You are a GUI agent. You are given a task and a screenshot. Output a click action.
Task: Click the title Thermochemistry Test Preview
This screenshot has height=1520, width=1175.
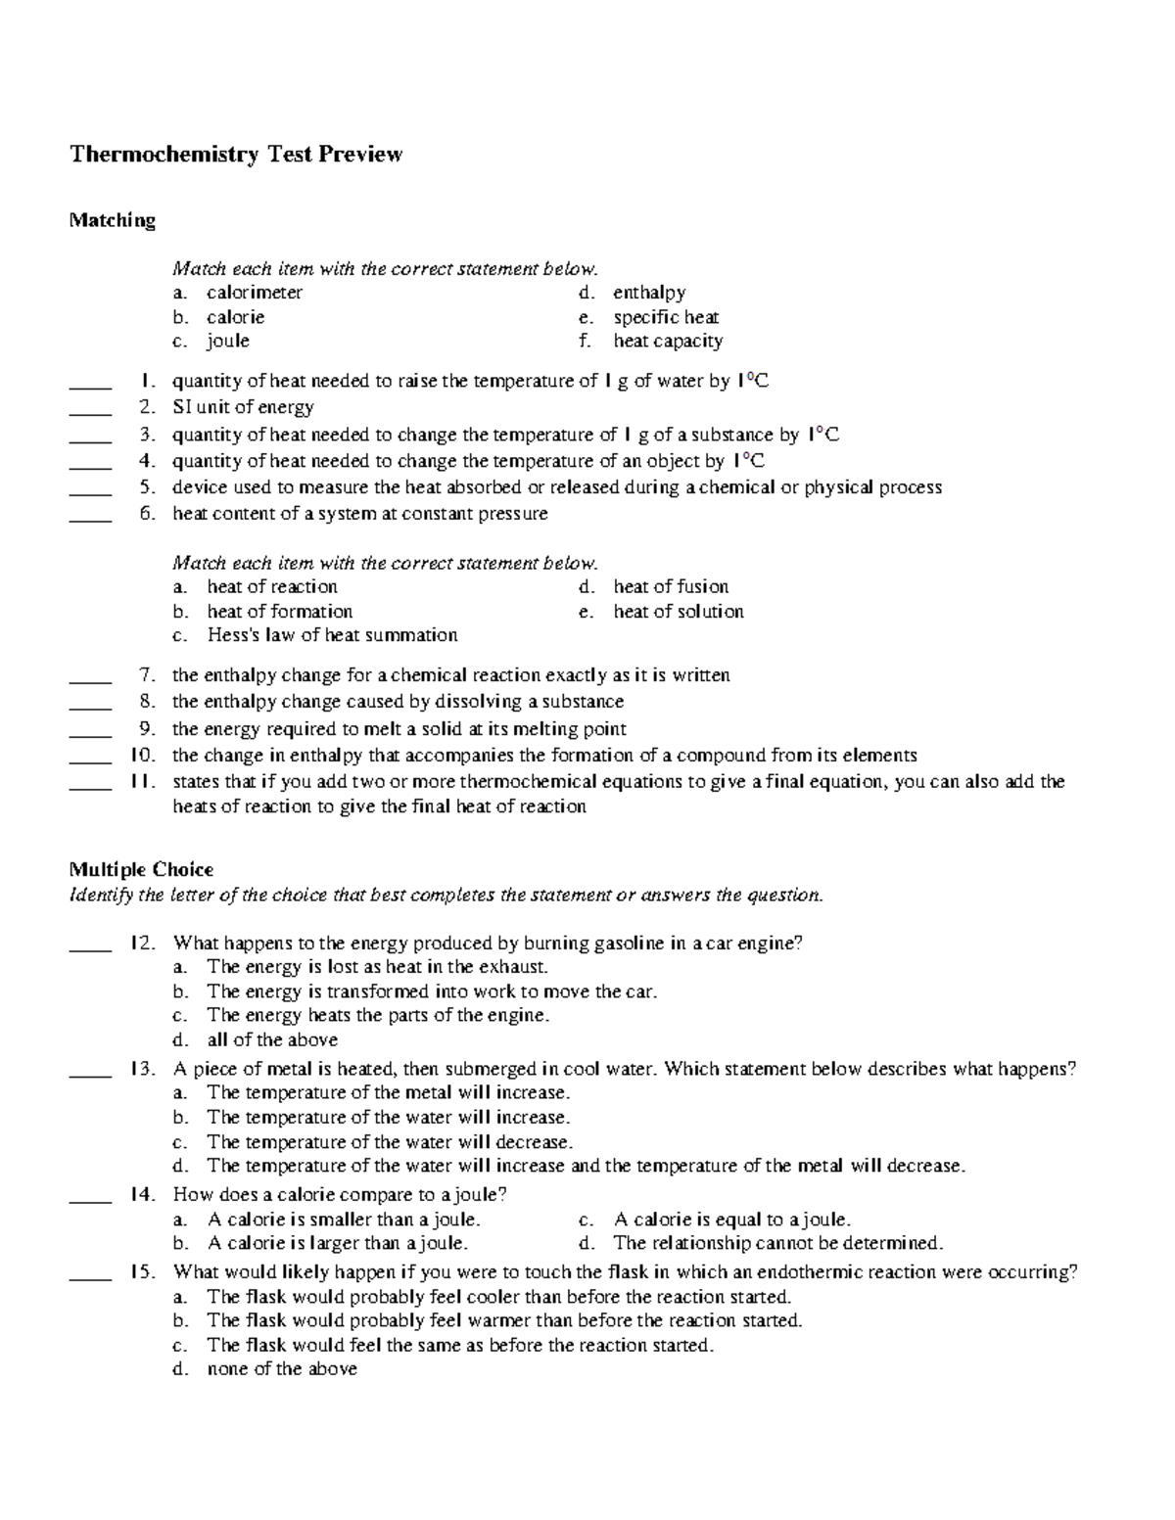pos(235,155)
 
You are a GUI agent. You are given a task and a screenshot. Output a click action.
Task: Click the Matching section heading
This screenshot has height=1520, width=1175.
pos(112,220)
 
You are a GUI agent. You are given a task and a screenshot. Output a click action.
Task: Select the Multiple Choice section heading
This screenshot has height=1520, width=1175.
pos(141,869)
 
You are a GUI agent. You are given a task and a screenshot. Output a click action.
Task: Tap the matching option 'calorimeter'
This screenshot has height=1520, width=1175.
pos(255,293)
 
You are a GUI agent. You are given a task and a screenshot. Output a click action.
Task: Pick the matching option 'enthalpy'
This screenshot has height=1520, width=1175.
pos(649,293)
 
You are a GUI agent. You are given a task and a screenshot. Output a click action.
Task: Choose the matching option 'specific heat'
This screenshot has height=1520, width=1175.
pos(666,317)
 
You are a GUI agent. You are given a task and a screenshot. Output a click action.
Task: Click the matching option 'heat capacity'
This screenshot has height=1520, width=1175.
pos(668,342)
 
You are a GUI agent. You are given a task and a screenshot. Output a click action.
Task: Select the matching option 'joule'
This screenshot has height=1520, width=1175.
pos(228,342)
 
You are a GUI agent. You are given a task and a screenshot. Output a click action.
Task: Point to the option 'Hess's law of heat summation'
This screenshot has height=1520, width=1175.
pos(332,635)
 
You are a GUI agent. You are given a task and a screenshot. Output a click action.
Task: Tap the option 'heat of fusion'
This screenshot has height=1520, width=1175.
pos(671,587)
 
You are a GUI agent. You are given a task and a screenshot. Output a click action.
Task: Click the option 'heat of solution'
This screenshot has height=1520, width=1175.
pos(679,612)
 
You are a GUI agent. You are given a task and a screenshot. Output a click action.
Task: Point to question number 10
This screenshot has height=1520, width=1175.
pos(143,756)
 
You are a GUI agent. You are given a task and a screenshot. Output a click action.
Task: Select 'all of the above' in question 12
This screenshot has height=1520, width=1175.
pos(272,1040)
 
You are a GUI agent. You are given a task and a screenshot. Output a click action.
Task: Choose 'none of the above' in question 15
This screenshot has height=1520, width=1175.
pos(282,1369)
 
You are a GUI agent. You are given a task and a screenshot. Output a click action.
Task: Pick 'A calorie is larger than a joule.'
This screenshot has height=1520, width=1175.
pos(338,1244)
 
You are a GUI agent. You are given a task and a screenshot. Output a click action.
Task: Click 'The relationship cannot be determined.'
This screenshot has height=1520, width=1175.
pos(777,1244)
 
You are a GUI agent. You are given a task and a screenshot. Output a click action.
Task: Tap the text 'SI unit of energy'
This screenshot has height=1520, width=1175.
pos(243,407)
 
